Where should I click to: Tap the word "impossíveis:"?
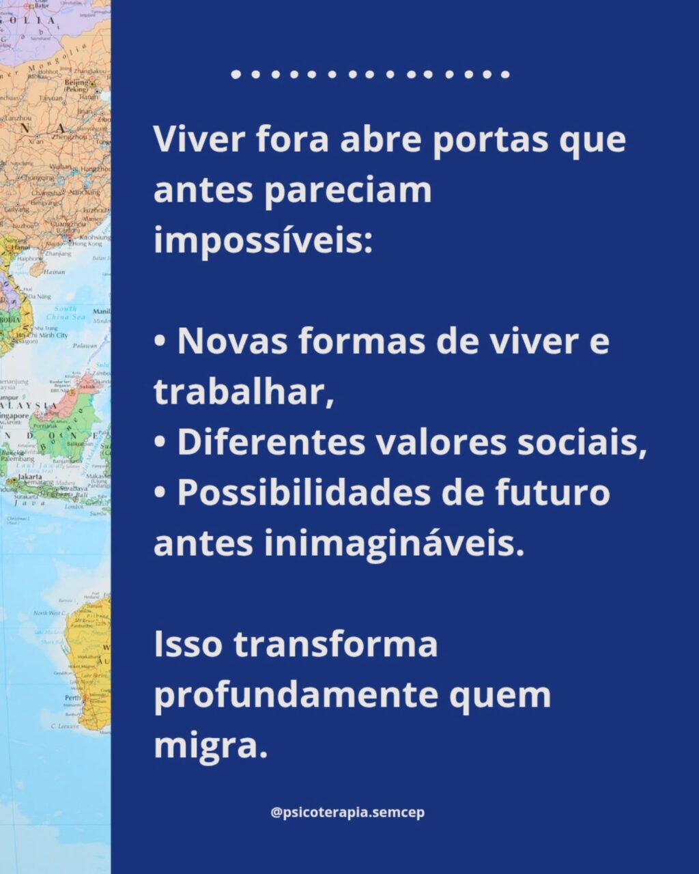coord(263,240)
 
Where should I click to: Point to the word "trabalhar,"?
coord(244,391)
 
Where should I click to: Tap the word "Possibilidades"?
coord(304,493)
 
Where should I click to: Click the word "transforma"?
coord(335,645)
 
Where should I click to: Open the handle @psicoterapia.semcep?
coord(347,813)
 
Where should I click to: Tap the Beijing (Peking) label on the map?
coord(76,85)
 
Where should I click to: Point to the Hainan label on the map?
coord(54,272)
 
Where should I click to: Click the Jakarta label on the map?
coord(29,477)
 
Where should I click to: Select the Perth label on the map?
coord(72,698)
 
